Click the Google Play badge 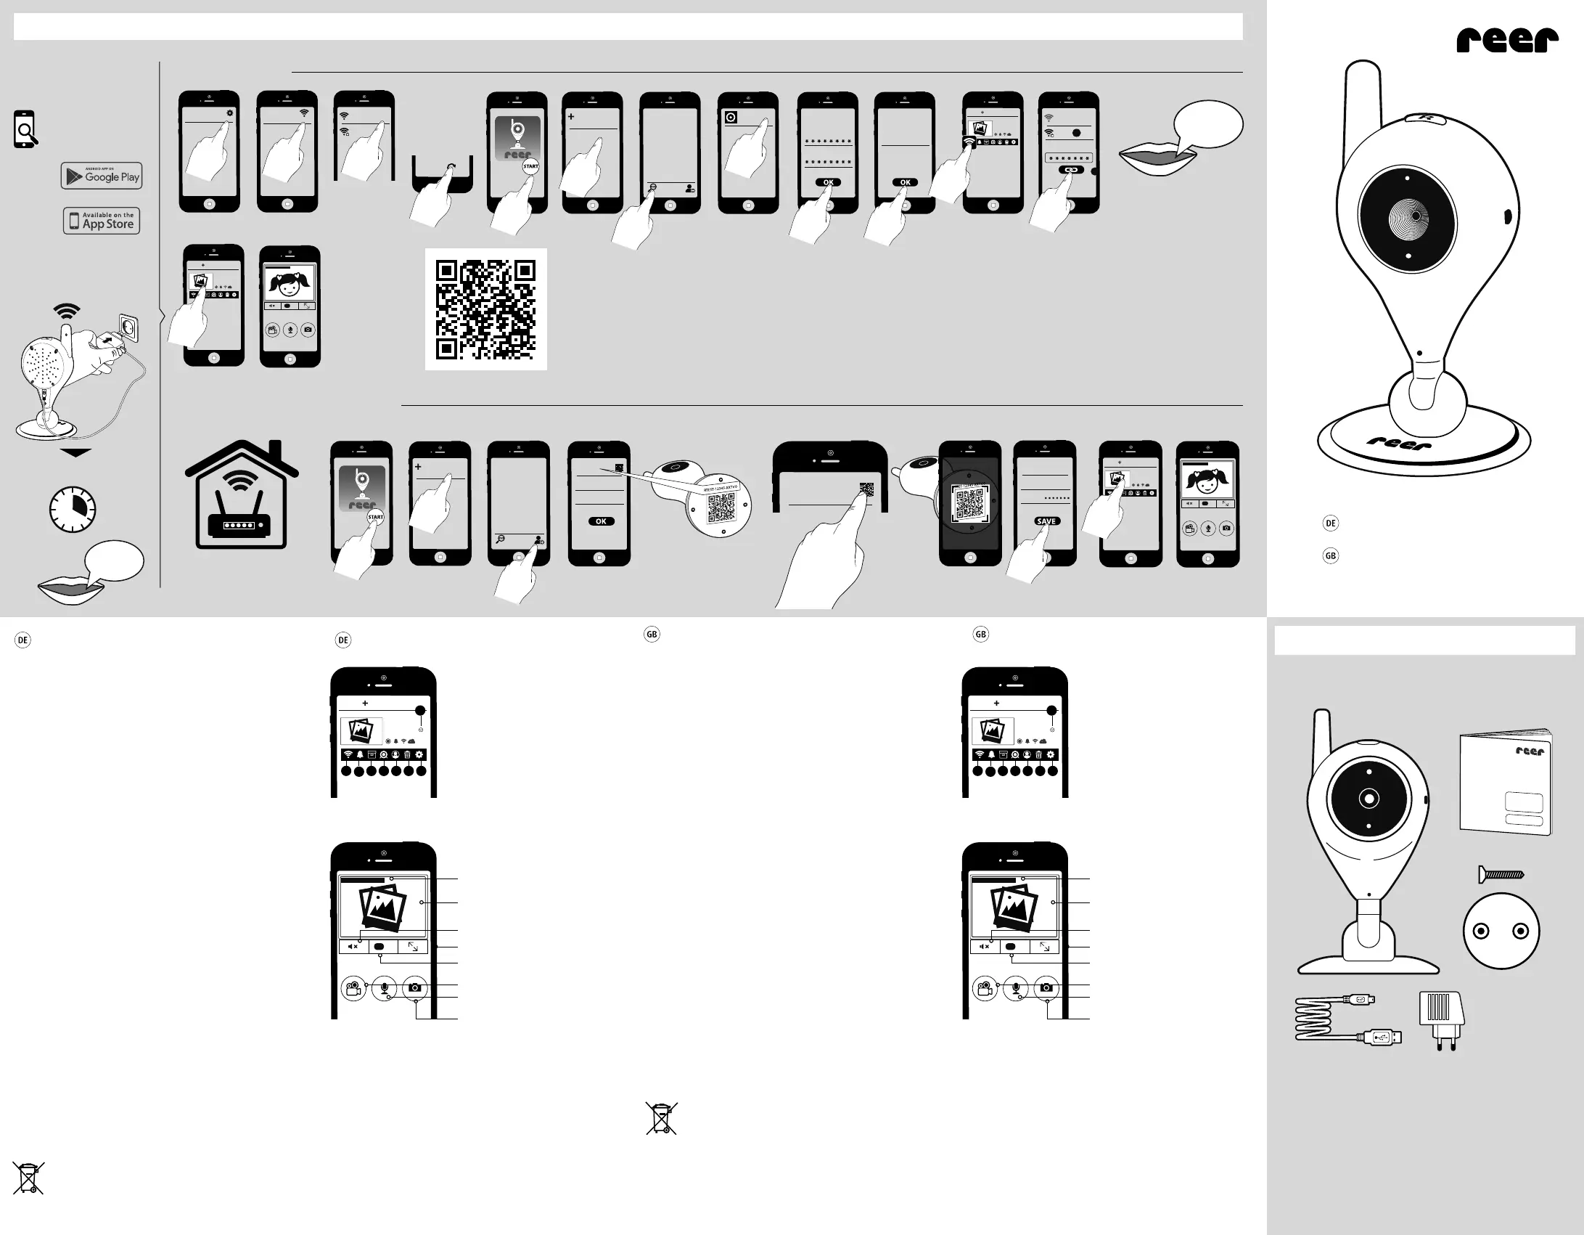click(102, 176)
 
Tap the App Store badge click(102, 221)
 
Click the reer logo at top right click(1507, 40)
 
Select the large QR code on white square click(485, 310)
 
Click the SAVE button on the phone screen click(1046, 521)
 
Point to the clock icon click(73, 509)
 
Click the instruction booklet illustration click(1506, 783)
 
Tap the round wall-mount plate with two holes click(1501, 932)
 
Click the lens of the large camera click(1408, 217)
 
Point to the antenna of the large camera click(1362, 109)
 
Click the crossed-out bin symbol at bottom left click(28, 1178)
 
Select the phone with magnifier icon click(25, 129)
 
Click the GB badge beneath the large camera click(1330, 556)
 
